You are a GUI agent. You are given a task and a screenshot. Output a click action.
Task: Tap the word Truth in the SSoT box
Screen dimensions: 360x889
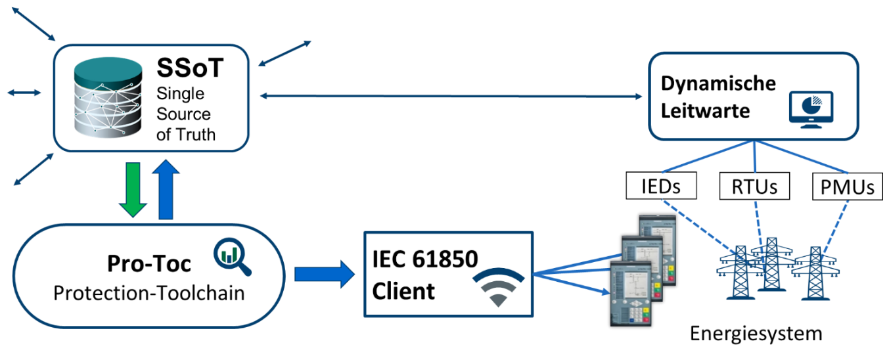point(196,134)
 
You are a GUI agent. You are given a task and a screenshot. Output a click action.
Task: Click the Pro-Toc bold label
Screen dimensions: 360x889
point(149,263)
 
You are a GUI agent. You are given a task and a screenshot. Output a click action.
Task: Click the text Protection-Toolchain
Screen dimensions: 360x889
point(148,293)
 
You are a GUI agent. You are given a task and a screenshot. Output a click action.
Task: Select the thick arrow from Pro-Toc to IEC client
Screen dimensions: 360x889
point(325,274)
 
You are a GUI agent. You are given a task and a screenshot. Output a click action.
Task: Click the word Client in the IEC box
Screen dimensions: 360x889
point(403,291)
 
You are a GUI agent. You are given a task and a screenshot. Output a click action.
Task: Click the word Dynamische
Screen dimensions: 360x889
point(718,84)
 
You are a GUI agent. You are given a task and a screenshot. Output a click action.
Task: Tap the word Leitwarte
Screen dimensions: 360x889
point(705,110)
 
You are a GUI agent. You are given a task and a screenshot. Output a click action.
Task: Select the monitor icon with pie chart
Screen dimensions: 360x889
point(811,108)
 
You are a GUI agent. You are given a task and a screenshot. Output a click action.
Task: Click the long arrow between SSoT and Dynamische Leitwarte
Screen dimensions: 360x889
point(451,97)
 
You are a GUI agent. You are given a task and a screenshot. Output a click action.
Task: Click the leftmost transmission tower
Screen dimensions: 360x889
point(739,272)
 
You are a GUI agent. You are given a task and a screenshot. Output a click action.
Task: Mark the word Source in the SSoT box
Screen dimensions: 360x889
point(184,114)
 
